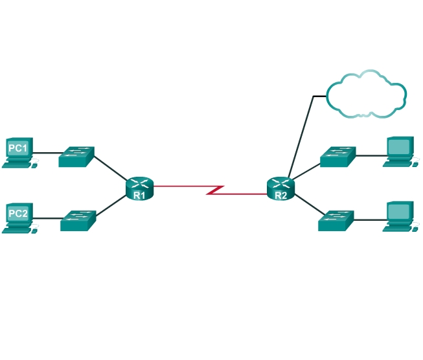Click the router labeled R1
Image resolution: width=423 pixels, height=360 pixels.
click(140, 188)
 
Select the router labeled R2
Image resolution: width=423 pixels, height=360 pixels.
click(280, 188)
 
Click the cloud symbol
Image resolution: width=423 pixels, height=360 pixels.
click(366, 94)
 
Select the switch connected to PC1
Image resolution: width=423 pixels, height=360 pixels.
click(76, 157)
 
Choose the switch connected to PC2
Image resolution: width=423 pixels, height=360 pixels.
click(78, 221)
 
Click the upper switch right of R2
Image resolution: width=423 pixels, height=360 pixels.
click(337, 157)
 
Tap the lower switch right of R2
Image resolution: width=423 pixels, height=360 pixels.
click(336, 220)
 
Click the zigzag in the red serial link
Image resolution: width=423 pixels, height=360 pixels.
click(215, 190)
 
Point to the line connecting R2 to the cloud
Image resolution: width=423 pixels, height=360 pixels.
click(302, 136)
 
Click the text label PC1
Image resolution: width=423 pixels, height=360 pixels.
click(17, 149)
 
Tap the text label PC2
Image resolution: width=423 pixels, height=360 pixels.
click(17, 212)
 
